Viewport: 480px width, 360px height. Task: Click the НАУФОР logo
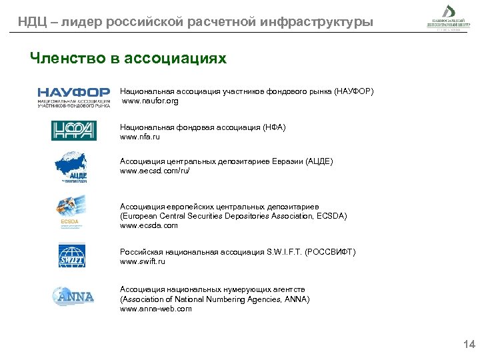(x=73, y=97)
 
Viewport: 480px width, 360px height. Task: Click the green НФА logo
(x=73, y=131)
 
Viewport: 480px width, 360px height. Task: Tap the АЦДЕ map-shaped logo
(x=72, y=167)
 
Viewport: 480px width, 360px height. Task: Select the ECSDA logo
(x=70, y=210)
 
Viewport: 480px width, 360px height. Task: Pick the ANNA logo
(x=73, y=295)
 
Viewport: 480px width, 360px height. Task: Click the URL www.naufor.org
(x=150, y=101)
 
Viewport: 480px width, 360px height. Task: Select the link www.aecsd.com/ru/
(x=155, y=171)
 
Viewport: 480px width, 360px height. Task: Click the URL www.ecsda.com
(x=149, y=225)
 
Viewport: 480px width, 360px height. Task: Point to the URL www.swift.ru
(x=142, y=261)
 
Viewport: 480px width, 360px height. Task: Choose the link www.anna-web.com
(x=155, y=309)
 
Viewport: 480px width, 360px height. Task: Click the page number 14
(x=469, y=345)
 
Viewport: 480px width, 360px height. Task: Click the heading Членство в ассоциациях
(x=128, y=59)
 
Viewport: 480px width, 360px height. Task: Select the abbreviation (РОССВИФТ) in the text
(x=331, y=252)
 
